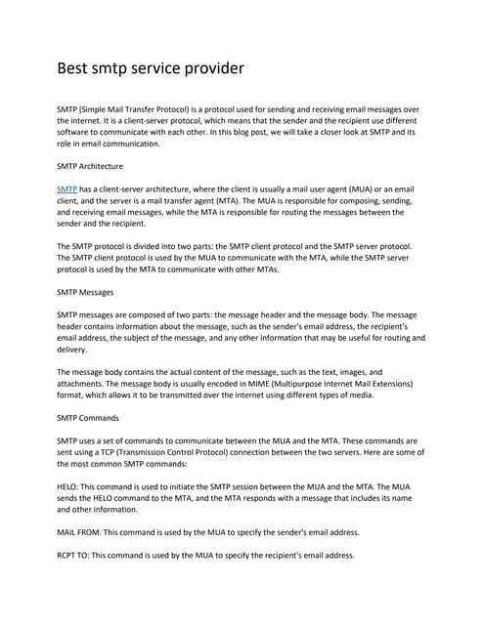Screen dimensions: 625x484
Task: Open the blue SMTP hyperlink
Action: pyautogui.click(x=67, y=188)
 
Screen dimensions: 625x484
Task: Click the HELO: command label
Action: pyautogui.click(x=71, y=485)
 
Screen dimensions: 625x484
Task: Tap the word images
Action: pyautogui.click(x=336, y=371)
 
